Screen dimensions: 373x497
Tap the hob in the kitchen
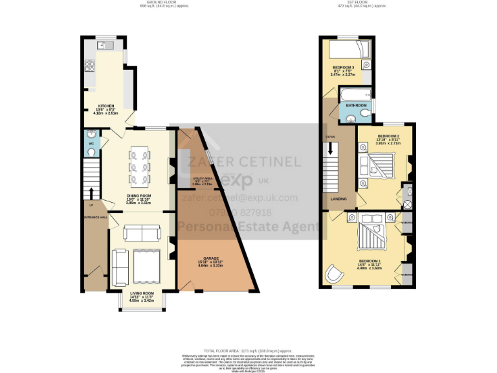[x=89, y=66]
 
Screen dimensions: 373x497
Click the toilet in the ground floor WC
[x=90, y=152]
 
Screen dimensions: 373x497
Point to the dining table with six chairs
[x=141, y=166]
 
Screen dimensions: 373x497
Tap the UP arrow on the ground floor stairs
[x=91, y=193]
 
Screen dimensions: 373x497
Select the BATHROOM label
[x=356, y=105]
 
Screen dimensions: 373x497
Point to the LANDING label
[x=338, y=199]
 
